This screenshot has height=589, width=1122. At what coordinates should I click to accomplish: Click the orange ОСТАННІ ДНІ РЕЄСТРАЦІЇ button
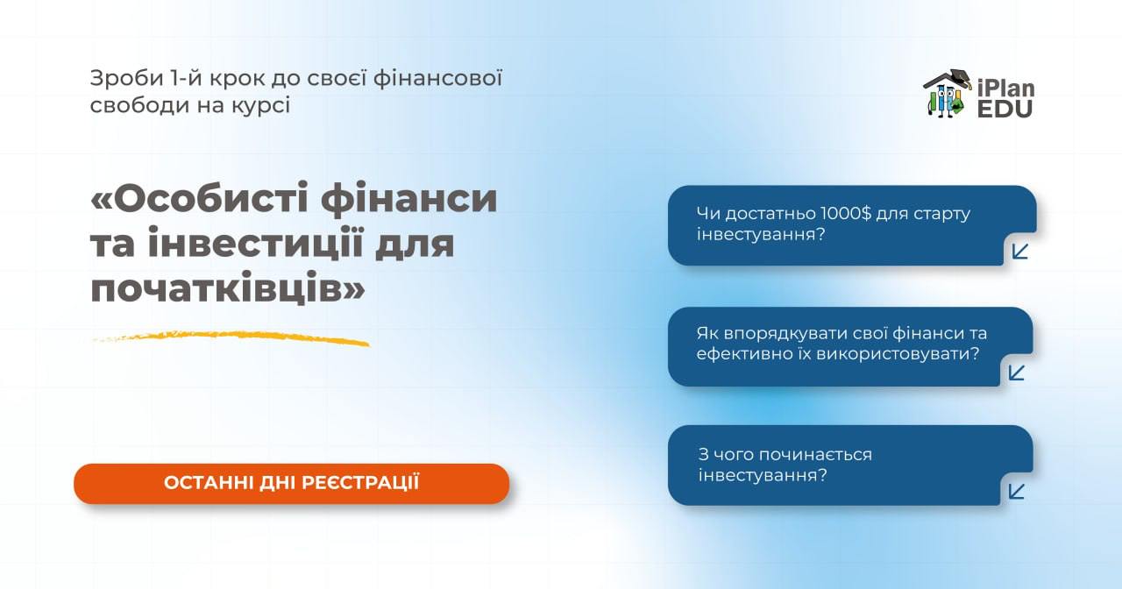click(x=292, y=483)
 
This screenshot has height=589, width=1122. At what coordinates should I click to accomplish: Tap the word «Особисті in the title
click(x=199, y=199)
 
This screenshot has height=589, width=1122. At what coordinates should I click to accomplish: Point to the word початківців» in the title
click(x=228, y=288)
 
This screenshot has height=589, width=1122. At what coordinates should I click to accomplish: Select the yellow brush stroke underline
click(x=231, y=337)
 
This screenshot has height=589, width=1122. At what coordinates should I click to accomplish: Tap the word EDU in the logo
click(x=1005, y=109)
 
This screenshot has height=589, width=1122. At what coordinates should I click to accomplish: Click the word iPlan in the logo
click(x=1005, y=89)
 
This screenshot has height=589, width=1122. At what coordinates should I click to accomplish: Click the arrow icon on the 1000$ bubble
click(x=1020, y=252)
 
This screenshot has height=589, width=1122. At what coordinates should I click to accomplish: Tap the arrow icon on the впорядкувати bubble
click(x=1017, y=373)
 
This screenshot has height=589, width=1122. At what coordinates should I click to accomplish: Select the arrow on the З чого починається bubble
click(x=1017, y=492)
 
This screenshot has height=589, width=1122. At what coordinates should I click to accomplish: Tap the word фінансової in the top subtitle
click(x=437, y=79)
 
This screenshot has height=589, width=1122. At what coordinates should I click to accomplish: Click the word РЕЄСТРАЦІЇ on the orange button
click(x=360, y=483)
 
